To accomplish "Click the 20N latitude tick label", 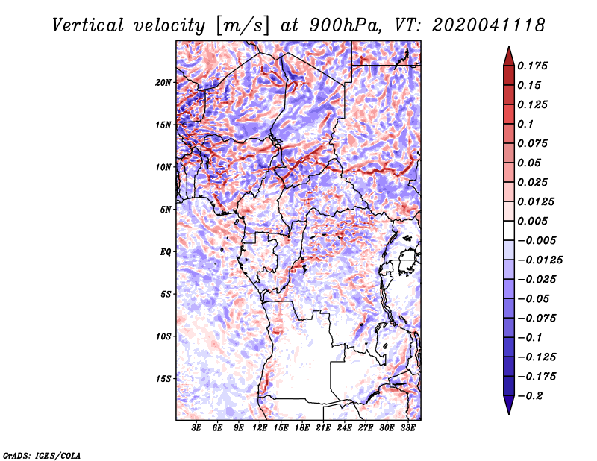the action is (163, 83).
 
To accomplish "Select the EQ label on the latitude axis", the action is (165, 252).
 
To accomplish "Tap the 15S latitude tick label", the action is (163, 379).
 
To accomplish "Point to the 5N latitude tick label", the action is (166, 210).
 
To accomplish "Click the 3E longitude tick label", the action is (196, 428).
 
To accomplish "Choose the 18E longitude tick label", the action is (302, 428).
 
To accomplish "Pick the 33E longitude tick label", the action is (407, 428).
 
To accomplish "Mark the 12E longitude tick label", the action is (260, 428).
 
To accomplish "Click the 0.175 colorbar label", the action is (532, 66).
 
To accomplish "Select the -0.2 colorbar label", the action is (531, 396).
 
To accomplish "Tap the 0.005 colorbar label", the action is (532, 221).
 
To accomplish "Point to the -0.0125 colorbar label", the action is (540, 260).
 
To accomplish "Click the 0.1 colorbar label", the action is (525, 124).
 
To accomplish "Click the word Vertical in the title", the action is (88, 25).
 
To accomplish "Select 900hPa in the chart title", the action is (344, 25).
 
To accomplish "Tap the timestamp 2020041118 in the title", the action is (489, 25).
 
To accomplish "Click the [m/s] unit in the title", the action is (243, 25).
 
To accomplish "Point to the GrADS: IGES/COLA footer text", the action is (42, 455).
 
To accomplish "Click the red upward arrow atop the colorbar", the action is (509, 56).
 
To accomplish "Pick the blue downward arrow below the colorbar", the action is (509, 405).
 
